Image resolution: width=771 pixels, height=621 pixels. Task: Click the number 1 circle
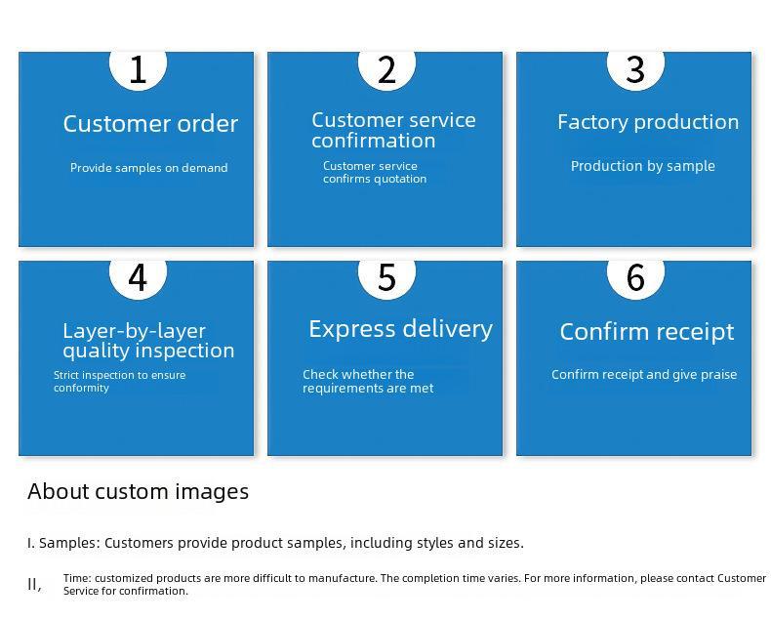139,70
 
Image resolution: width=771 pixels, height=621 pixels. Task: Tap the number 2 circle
387,70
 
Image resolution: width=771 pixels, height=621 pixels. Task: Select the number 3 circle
635,70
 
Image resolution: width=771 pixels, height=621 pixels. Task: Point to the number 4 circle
139,279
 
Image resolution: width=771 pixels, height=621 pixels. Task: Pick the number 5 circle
387,279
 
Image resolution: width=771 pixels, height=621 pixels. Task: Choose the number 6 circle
635,279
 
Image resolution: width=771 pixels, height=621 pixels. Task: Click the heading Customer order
150,124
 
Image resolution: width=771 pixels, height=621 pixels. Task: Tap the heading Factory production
648,122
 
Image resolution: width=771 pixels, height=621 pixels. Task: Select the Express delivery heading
401,329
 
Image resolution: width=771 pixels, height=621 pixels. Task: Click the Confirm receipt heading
647,332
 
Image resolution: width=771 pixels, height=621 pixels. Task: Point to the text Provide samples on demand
149,168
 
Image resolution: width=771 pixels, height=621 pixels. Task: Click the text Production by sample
643,166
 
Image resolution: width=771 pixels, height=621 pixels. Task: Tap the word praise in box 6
718,375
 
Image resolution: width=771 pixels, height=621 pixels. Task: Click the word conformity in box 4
81,389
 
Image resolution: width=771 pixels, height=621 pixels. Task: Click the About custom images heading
139,492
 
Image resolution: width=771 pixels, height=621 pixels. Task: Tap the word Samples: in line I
70,543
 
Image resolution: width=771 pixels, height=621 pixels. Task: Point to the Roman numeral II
34,585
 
